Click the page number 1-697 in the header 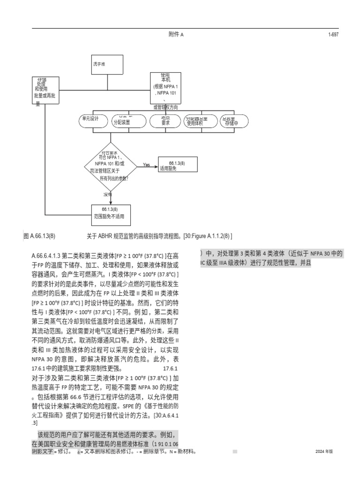point(333,34)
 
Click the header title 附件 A point(176,34)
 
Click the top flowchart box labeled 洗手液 point(107,65)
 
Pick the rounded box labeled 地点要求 point(165,121)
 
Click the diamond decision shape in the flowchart point(111,165)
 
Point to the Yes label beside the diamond point(146,165)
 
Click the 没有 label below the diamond point(107,194)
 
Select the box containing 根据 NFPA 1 point(165,88)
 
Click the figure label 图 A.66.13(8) point(42,236)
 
